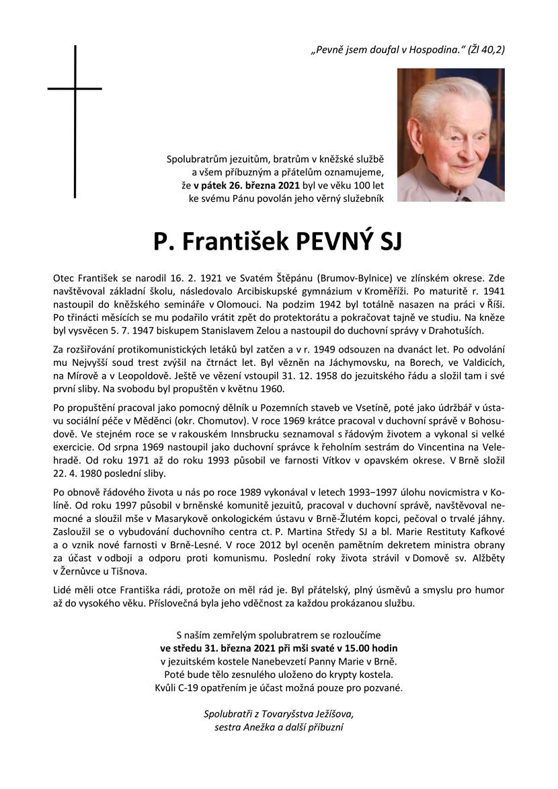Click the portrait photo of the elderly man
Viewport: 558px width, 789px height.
point(450,135)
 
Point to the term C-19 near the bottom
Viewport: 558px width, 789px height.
point(186,687)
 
